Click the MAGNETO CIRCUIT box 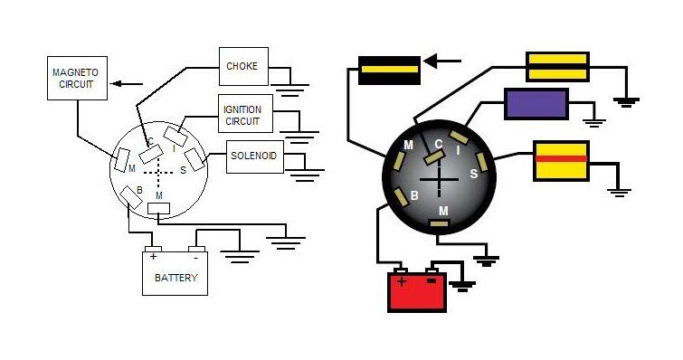click(77, 79)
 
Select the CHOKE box click(243, 67)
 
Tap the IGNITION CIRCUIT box click(245, 114)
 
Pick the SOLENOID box click(255, 156)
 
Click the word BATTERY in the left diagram click(176, 278)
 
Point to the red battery click(417, 289)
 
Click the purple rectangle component click(536, 104)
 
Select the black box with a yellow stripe click(389, 70)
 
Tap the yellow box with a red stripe click(561, 161)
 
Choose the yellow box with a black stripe click(557, 67)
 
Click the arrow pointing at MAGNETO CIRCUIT click(127, 83)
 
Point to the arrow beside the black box click(442, 62)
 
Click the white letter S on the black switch click(473, 175)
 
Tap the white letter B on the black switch click(414, 196)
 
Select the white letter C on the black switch click(438, 144)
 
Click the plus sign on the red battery click(402, 281)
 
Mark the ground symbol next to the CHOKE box click(289, 90)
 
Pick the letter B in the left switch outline click(140, 190)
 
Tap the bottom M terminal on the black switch click(439, 223)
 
